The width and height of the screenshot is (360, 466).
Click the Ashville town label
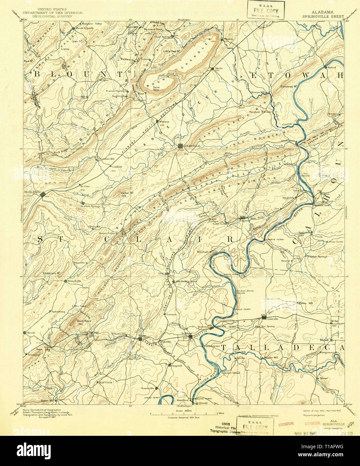193,146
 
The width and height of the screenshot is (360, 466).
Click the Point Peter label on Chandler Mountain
156,89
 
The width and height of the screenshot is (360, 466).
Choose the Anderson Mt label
51,273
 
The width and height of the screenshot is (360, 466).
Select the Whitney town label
164,122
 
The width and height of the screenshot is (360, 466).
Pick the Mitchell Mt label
205,252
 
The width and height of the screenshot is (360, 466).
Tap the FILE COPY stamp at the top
265,10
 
